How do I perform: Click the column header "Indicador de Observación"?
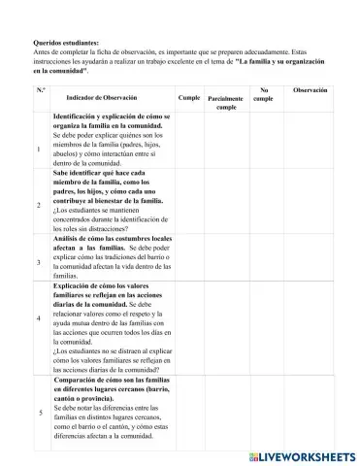tap(102, 98)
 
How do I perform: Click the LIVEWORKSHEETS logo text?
tap(301, 456)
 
